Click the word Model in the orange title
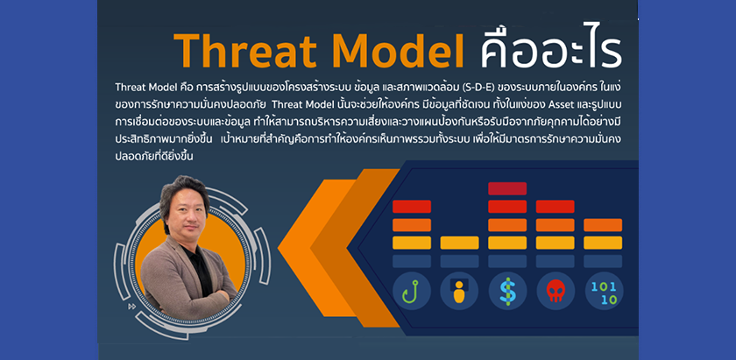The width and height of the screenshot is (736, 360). tap(397, 51)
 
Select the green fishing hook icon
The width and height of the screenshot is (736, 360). tap(411, 291)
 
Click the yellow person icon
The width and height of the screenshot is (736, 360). tap(459, 291)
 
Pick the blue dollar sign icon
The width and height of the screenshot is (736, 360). tap(507, 291)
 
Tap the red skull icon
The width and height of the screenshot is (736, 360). tap(556, 291)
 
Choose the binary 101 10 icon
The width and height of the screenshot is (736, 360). tap(603, 293)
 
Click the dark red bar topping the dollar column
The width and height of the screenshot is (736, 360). tap(507, 188)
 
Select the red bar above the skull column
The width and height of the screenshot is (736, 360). tap(556, 207)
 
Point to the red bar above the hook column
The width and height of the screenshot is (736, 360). tap(412, 207)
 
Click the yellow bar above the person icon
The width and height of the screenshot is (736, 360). tap(459, 243)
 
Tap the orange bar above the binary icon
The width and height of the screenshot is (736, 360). tap(603, 225)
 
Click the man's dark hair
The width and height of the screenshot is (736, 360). tap(183, 190)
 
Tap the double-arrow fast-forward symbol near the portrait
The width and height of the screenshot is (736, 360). tap(132, 307)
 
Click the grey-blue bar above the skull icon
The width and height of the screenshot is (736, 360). tap(556, 261)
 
